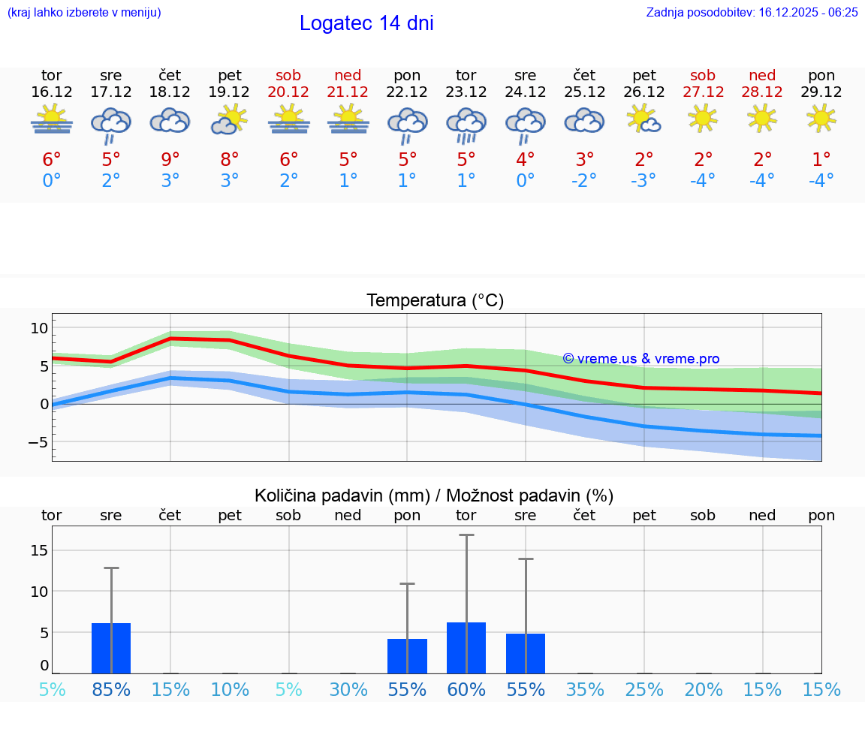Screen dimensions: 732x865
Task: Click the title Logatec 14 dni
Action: click(x=366, y=23)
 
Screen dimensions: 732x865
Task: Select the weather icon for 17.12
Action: click(x=111, y=125)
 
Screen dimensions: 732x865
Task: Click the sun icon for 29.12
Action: click(x=821, y=118)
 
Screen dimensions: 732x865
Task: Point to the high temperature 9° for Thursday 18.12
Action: click(x=170, y=160)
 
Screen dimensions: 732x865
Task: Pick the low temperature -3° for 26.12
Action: click(x=643, y=180)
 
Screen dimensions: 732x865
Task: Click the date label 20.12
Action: click(x=288, y=92)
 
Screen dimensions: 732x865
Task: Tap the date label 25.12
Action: click(x=584, y=92)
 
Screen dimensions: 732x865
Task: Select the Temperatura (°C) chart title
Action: click(x=435, y=301)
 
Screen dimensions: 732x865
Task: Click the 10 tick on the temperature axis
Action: click(x=39, y=328)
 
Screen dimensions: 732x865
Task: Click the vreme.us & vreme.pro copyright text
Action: click(x=640, y=359)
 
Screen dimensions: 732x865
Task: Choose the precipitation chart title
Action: click(x=434, y=496)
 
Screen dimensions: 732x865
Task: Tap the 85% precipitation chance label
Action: click(x=111, y=690)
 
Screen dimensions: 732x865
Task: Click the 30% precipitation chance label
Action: click(x=348, y=690)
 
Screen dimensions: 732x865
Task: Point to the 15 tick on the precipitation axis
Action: click(x=39, y=550)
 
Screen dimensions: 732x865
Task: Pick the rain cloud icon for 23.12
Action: click(x=466, y=125)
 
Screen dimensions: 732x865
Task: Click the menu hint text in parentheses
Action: click(x=84, y=12)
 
